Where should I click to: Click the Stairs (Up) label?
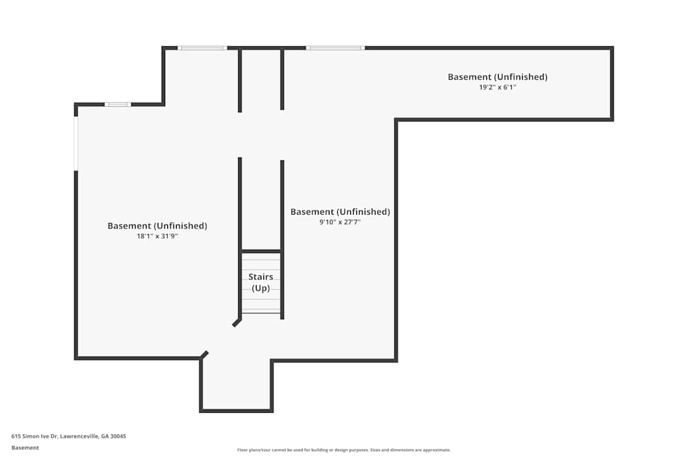pyautogui.click(x=261, y=282)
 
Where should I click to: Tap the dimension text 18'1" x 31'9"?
pyautogui.click(x=157, y=236)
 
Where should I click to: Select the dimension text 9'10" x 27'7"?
pyautogui.click(x=340, y=222)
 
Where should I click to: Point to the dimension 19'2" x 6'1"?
pyautogui.click(x=497, y=87)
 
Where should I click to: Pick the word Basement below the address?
pyautogui.click(x=25, y=447)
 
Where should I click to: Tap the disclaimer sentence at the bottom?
pyautogui.click(x=344, y=450)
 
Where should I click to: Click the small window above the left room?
pyautogui.click(x=118, y=104)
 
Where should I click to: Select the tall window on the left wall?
pyautogui.click(x=76, y=143)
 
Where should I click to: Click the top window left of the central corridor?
pyautogui.click(x=202, y=47)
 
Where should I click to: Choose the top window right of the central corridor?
pyautogui.click(x=335, y=47)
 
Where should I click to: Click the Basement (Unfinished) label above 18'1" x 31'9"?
pyautogui.click(x=157, y=226)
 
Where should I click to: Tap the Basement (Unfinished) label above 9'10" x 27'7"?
pyautogui.click(x=340, y=212)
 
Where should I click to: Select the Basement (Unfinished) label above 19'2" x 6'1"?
pyautogui.click(x=497, y=77)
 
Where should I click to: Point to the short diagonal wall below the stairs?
pyautogui.click(x=237, y=322)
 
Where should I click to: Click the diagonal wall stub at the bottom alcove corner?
pyautogui.click(x=204, y=355)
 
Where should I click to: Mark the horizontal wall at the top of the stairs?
pyautogui.click(x=261, y=251)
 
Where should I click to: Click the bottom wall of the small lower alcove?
pyautogui.click(x=236, y=411)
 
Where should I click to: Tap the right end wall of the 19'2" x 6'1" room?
pyautogui.click(x=612, y=83)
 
